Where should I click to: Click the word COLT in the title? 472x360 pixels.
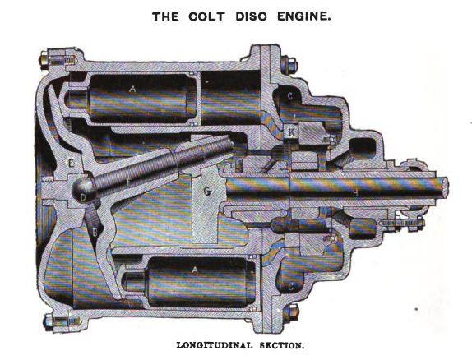pos(206,16)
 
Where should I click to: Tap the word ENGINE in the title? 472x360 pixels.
pos(303,16)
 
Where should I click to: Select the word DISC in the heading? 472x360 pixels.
pos(251,16)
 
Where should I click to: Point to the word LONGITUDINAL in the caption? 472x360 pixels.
pos(215,345)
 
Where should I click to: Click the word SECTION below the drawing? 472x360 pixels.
pos(282,345)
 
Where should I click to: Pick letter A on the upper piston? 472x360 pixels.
pos(132,89)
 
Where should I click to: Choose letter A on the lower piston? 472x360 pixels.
pos(195,270)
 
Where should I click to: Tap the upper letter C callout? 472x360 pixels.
pos(290,96)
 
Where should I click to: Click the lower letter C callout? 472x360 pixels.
pos(291,287)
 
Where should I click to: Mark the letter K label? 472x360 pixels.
pos(291,132)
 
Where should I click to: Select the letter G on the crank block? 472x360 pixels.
pos(207,191)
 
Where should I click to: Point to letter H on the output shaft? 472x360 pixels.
pos(355,193)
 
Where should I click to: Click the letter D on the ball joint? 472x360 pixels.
pos(83,198)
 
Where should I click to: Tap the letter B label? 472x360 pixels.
pos(95,233)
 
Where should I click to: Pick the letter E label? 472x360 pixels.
pos(71,164)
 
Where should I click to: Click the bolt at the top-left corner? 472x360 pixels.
pos(58,60)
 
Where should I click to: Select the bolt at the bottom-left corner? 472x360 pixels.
pos(61,321)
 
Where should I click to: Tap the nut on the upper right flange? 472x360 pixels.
pos(289,66)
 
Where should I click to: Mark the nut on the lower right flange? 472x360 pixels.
pos(290,313)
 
